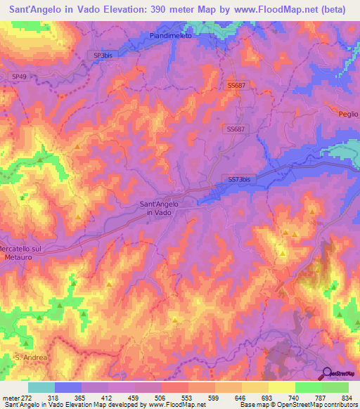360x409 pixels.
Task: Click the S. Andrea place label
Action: point(32,358)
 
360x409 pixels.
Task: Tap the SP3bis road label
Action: point(103,56)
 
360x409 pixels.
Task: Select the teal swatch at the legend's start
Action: point(41,387)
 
